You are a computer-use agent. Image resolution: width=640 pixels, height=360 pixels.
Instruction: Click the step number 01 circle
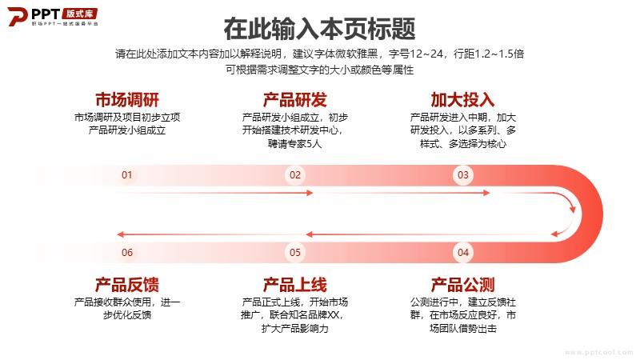pyautogui.click(x=127, y=175)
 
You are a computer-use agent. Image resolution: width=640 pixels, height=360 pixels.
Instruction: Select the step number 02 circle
pyautogui.click(x=295, y=175)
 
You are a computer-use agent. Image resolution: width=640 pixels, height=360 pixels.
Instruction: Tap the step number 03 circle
pyautogui.click(x=463, y=175)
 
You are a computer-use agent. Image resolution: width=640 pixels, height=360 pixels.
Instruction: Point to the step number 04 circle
pyautogui.click(x=463, y=252)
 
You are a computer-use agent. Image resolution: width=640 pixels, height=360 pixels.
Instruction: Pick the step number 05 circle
pyautogui.click(x=295, y=252)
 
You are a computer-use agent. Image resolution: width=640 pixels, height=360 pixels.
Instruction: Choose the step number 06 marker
pyautogui.click(x=127, y=252)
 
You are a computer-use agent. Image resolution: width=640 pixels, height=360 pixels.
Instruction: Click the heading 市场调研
pyautogui.click(x=127, y=99)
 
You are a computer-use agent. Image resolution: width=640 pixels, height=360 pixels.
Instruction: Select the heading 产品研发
pyautogui.click(x=295, y=99)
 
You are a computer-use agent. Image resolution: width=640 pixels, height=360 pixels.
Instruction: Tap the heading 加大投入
pyautogui.click(x=463, y=99)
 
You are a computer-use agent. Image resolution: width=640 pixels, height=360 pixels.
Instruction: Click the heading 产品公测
pyautogui.click(x=463, y=285)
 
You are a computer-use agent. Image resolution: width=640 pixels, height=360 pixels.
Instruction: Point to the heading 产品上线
pyautogui.click(x=295, y=285)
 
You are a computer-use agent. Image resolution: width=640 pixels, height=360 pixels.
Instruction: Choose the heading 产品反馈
pyautogui.click(x=127, y=285)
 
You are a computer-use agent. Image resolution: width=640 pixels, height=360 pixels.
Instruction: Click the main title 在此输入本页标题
pyautogui.click(x=319, y=29)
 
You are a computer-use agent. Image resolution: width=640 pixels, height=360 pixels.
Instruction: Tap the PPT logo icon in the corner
pyautogui.click(x=18, y=16)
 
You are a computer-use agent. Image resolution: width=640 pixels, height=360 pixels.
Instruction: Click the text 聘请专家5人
pyautogui.click(x=294, y=144)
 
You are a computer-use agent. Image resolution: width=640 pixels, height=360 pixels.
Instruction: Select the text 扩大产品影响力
pyautogui.click(x=294, y=329)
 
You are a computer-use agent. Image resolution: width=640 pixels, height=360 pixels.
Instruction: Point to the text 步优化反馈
pyautogui.click(x=127, y=315)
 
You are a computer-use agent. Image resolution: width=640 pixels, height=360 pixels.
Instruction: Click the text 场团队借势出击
pyautogui.click(x=463, y=329)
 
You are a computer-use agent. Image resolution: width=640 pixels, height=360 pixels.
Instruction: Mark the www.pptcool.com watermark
pyautogui.click(x=598, y=352)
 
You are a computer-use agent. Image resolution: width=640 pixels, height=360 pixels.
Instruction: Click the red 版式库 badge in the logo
pyautogui.click(x=79, y=14)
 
